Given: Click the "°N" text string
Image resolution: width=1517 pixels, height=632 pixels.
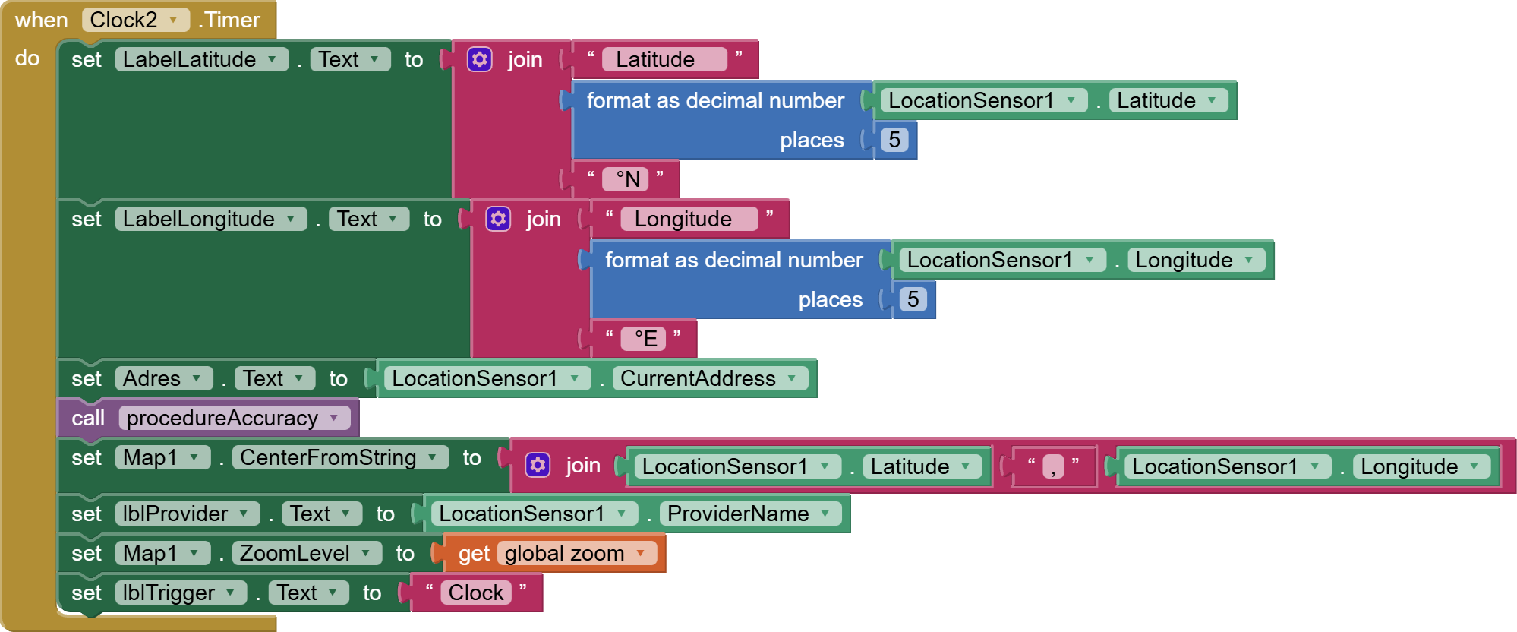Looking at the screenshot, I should tap(627, 179).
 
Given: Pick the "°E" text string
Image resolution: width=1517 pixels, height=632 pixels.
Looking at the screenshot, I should tap(645, 339).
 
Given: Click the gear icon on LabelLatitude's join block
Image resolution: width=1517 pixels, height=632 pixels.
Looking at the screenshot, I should tap(480, 59).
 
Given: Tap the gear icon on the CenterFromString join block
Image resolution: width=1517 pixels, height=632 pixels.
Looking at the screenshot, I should tap(538, 465).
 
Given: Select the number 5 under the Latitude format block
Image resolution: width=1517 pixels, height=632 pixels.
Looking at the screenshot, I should tap(894, 140).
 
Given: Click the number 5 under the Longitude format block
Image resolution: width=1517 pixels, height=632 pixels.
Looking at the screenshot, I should tap(913, 299).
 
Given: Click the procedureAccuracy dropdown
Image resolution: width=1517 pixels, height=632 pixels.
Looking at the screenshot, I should tap(234, 418).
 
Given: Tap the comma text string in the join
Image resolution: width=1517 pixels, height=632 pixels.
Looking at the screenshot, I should tap(1053, 466).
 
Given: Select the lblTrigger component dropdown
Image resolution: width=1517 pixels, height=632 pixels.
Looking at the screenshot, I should tap(180, 592).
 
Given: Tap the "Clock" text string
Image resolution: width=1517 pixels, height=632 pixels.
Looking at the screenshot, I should tap(476, 592).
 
